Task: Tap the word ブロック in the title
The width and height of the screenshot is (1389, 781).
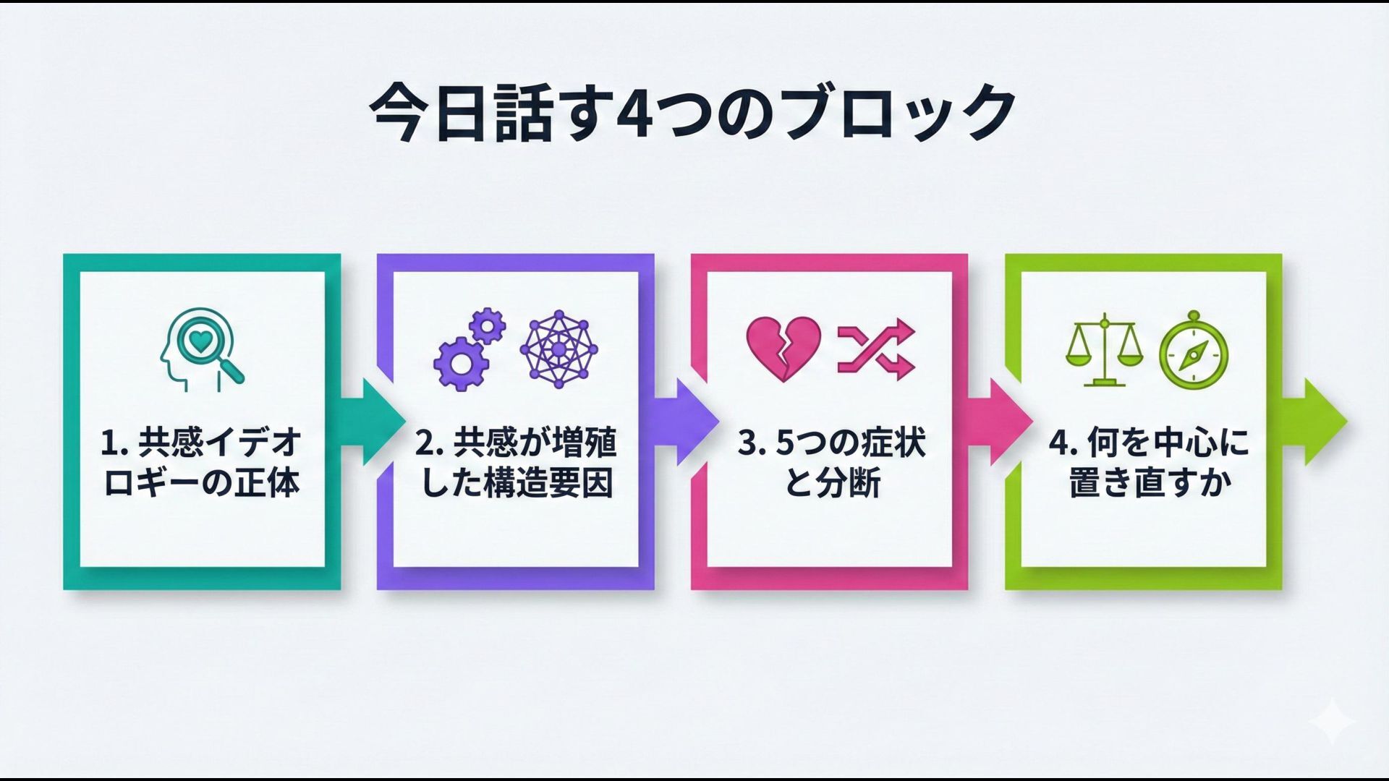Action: point(899,112)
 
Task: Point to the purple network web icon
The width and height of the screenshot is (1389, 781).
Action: point(558,350)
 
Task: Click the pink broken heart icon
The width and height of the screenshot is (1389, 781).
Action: point(783,349)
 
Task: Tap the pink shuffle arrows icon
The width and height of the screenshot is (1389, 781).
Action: point(876,350)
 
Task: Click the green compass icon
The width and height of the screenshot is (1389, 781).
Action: point(1194,351)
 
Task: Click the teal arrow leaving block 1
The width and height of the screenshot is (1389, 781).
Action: point(376,422)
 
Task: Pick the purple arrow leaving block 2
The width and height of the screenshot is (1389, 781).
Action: point(690,422)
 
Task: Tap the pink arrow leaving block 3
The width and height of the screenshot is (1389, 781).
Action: point(1004,422)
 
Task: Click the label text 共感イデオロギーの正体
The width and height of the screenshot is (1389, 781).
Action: point(202,463)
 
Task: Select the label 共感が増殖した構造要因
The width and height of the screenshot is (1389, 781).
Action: point(516,463)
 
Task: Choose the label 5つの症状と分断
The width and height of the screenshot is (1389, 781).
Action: point(831,463)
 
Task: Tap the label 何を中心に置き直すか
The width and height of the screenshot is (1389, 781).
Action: point(1149,463)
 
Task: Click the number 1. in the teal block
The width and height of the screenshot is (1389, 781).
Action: point(114,443)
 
